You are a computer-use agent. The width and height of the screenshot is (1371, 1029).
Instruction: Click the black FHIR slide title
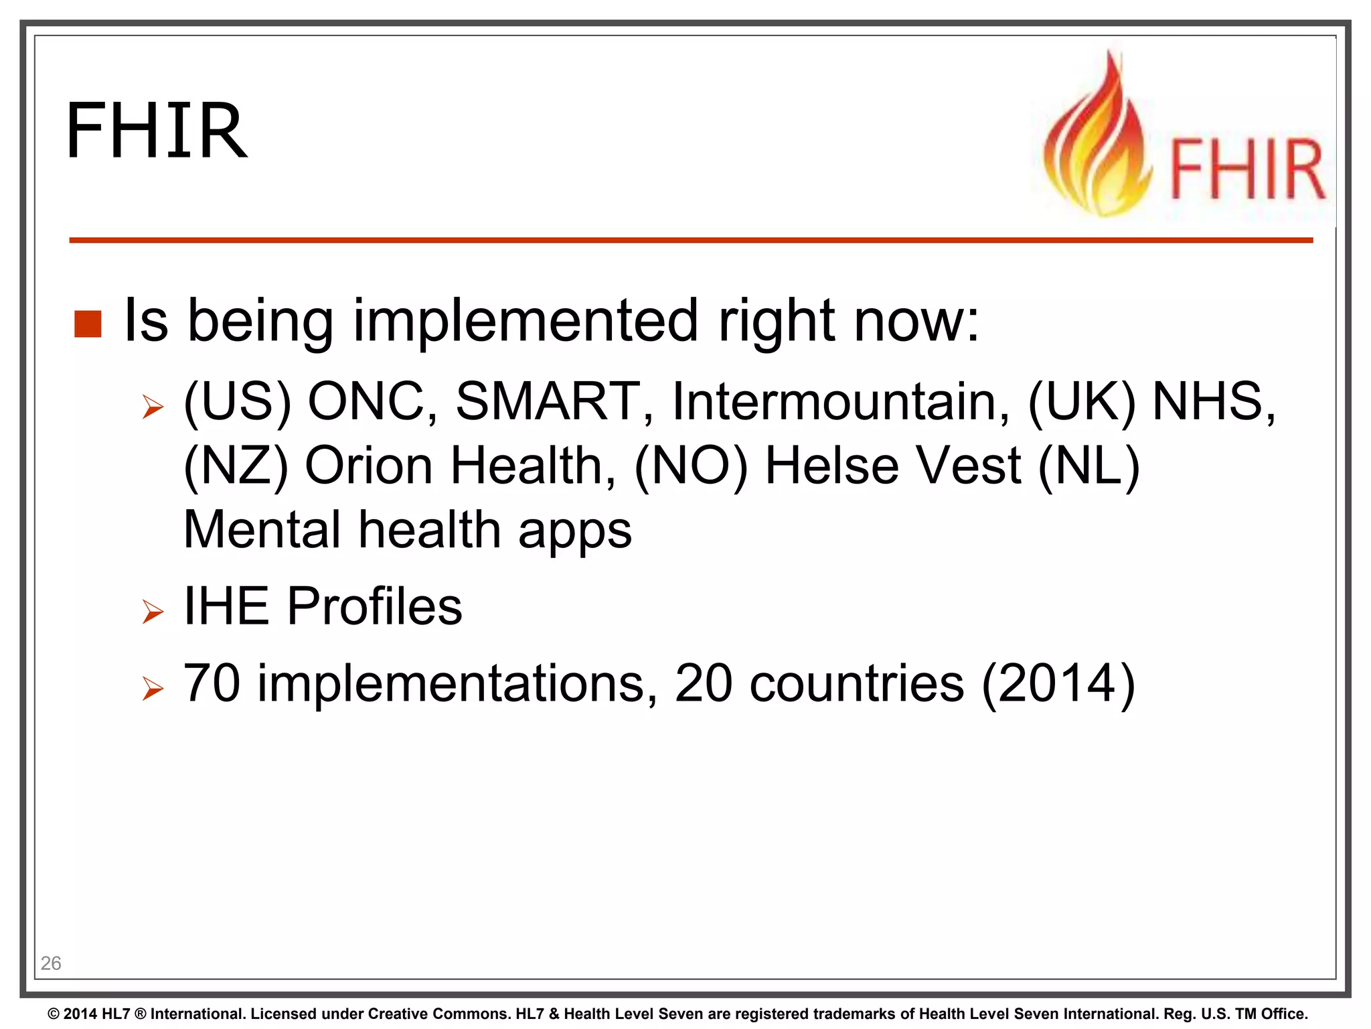point(157,131)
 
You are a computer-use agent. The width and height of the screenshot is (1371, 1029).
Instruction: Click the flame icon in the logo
point(1097,144)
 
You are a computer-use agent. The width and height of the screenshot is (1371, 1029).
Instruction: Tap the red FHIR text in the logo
point(1246,169)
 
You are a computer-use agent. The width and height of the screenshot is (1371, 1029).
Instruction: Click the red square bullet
point(88,324)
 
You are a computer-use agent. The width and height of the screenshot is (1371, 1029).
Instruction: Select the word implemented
point(526,322)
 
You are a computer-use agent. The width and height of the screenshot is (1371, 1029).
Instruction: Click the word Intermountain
point(841,401)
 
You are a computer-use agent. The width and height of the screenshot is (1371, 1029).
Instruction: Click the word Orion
point(369,466)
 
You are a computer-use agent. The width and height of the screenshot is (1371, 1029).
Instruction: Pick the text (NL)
point(1088,466)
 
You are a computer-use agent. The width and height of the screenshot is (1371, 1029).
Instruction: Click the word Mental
point(262,529)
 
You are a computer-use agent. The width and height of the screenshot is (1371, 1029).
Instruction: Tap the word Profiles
point(374,606)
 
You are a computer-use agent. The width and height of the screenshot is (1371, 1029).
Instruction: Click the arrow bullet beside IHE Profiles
point(153,611)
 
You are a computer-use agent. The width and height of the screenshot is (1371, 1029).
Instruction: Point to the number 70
point(212,683)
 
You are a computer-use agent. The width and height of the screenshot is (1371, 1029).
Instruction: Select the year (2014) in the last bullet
point(1058,683)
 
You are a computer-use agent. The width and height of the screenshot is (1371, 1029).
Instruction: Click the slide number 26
point(51,963)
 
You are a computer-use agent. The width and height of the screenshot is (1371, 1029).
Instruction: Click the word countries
point(857,683)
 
